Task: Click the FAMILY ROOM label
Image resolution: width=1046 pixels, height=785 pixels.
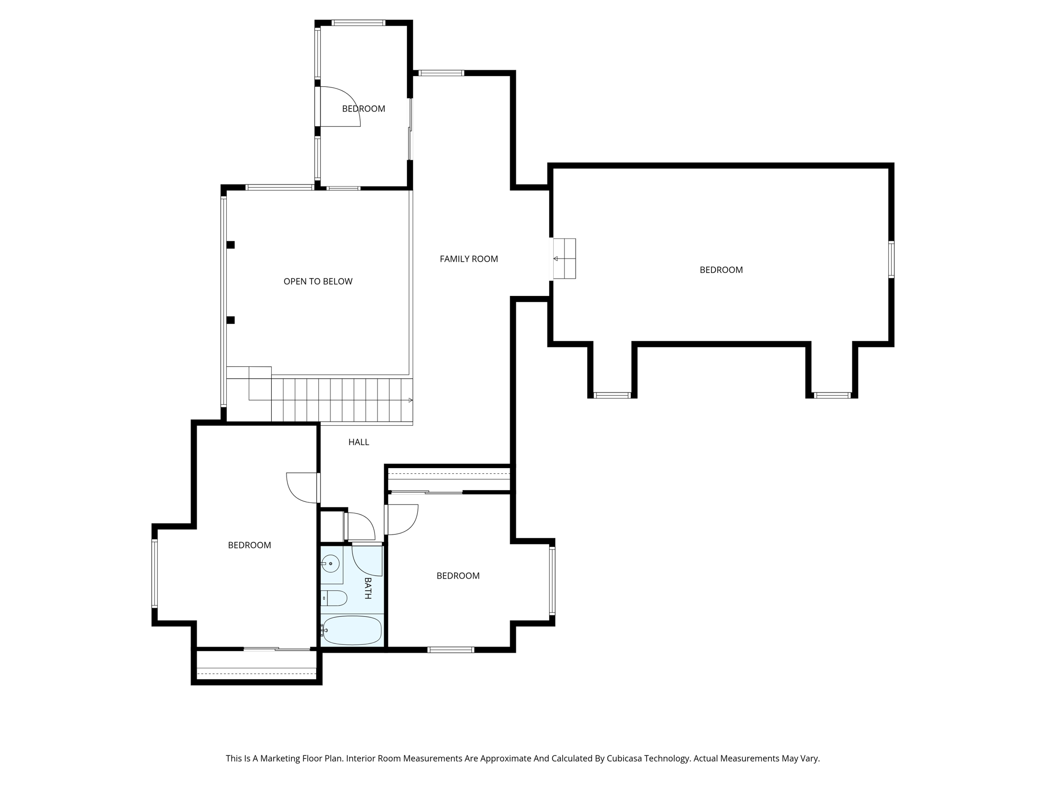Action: click(468, 259)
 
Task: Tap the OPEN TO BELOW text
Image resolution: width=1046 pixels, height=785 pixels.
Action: click(318, 282)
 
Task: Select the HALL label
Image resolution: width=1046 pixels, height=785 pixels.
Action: click(359, 442)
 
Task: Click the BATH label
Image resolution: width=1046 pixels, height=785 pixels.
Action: click(367, 588)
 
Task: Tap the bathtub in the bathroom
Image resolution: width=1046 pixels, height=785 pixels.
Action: click(352, 630)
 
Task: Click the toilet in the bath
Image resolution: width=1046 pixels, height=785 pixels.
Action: click(335, 597)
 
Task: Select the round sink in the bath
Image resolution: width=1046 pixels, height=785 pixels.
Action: click(331, 563)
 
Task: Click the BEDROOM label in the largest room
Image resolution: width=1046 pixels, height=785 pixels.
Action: click(721, 270)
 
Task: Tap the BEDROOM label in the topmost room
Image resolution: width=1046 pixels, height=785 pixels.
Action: click(363, 109)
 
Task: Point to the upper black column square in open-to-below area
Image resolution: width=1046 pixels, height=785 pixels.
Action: click(231, 245)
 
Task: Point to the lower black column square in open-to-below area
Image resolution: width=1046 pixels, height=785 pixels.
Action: click(231, 320)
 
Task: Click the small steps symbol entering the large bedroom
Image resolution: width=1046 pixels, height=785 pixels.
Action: click(564, 259)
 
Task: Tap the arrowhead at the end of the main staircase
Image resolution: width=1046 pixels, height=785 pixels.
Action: click(410, 400)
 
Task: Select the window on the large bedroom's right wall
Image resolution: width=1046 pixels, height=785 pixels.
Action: click(891, 260)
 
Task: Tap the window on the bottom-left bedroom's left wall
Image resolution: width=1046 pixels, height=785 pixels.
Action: click(155, 574)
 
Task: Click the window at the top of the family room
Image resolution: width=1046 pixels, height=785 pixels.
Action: click(441, 73)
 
